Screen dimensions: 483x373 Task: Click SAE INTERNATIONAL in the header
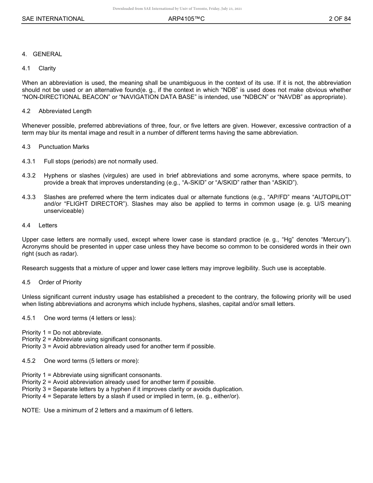(53, 19)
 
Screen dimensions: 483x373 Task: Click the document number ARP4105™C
(186, 19)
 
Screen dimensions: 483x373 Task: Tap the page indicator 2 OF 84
(340, 19)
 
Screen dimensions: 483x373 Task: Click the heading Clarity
(47, 68)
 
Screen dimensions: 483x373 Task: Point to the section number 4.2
(26, 111)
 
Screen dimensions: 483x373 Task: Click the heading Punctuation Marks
(64, 147)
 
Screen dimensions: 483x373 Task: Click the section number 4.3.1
(29, 161)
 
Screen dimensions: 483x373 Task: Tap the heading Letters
(48, 225)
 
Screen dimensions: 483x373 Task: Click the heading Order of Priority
(60, 282)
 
